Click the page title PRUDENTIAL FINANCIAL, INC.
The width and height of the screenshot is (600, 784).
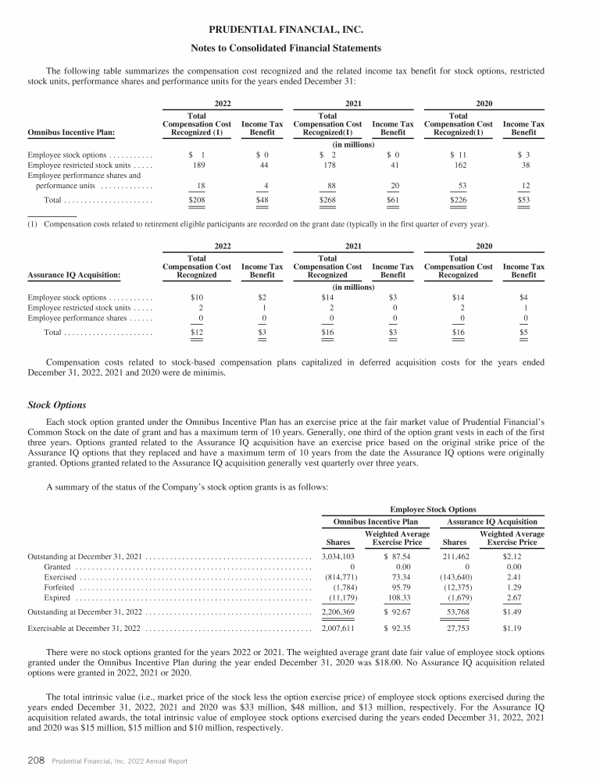point(299,30)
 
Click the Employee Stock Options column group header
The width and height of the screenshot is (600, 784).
point(433,508)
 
